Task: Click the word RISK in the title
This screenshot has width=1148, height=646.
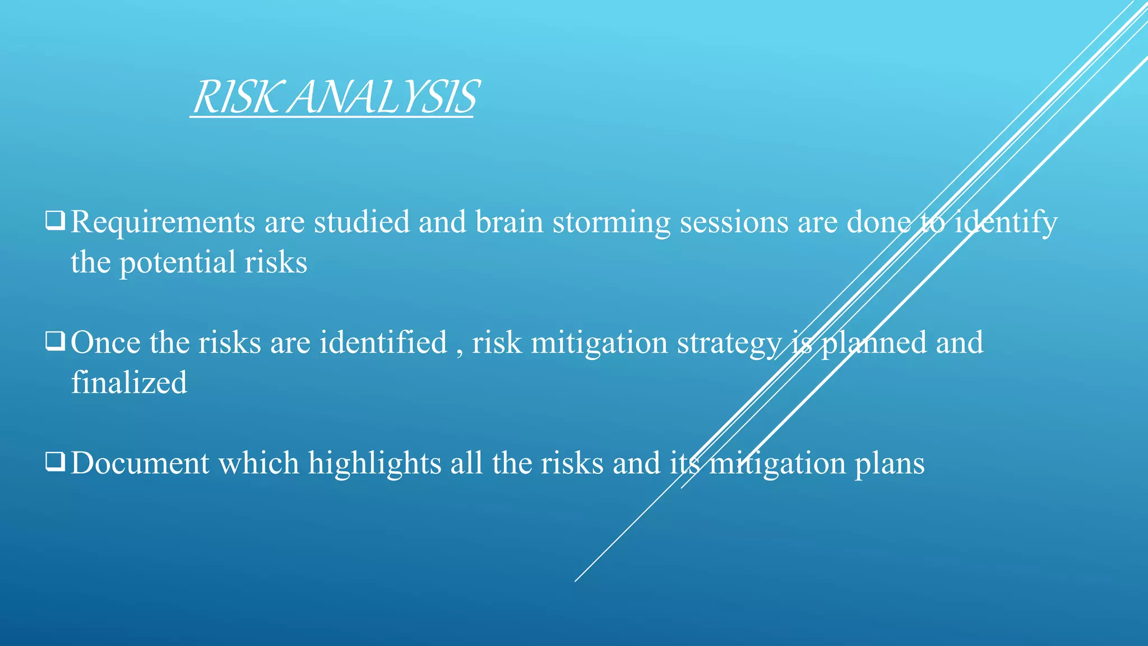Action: pos(235,98)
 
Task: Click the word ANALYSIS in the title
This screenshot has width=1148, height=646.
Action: pos(385,98)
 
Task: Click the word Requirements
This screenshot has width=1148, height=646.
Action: pos(163,222)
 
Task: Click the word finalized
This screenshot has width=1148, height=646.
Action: pos(129,383)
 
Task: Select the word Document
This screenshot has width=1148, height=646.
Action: pos(140,463)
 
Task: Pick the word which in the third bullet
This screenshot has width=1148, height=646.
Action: pos(258,463)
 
